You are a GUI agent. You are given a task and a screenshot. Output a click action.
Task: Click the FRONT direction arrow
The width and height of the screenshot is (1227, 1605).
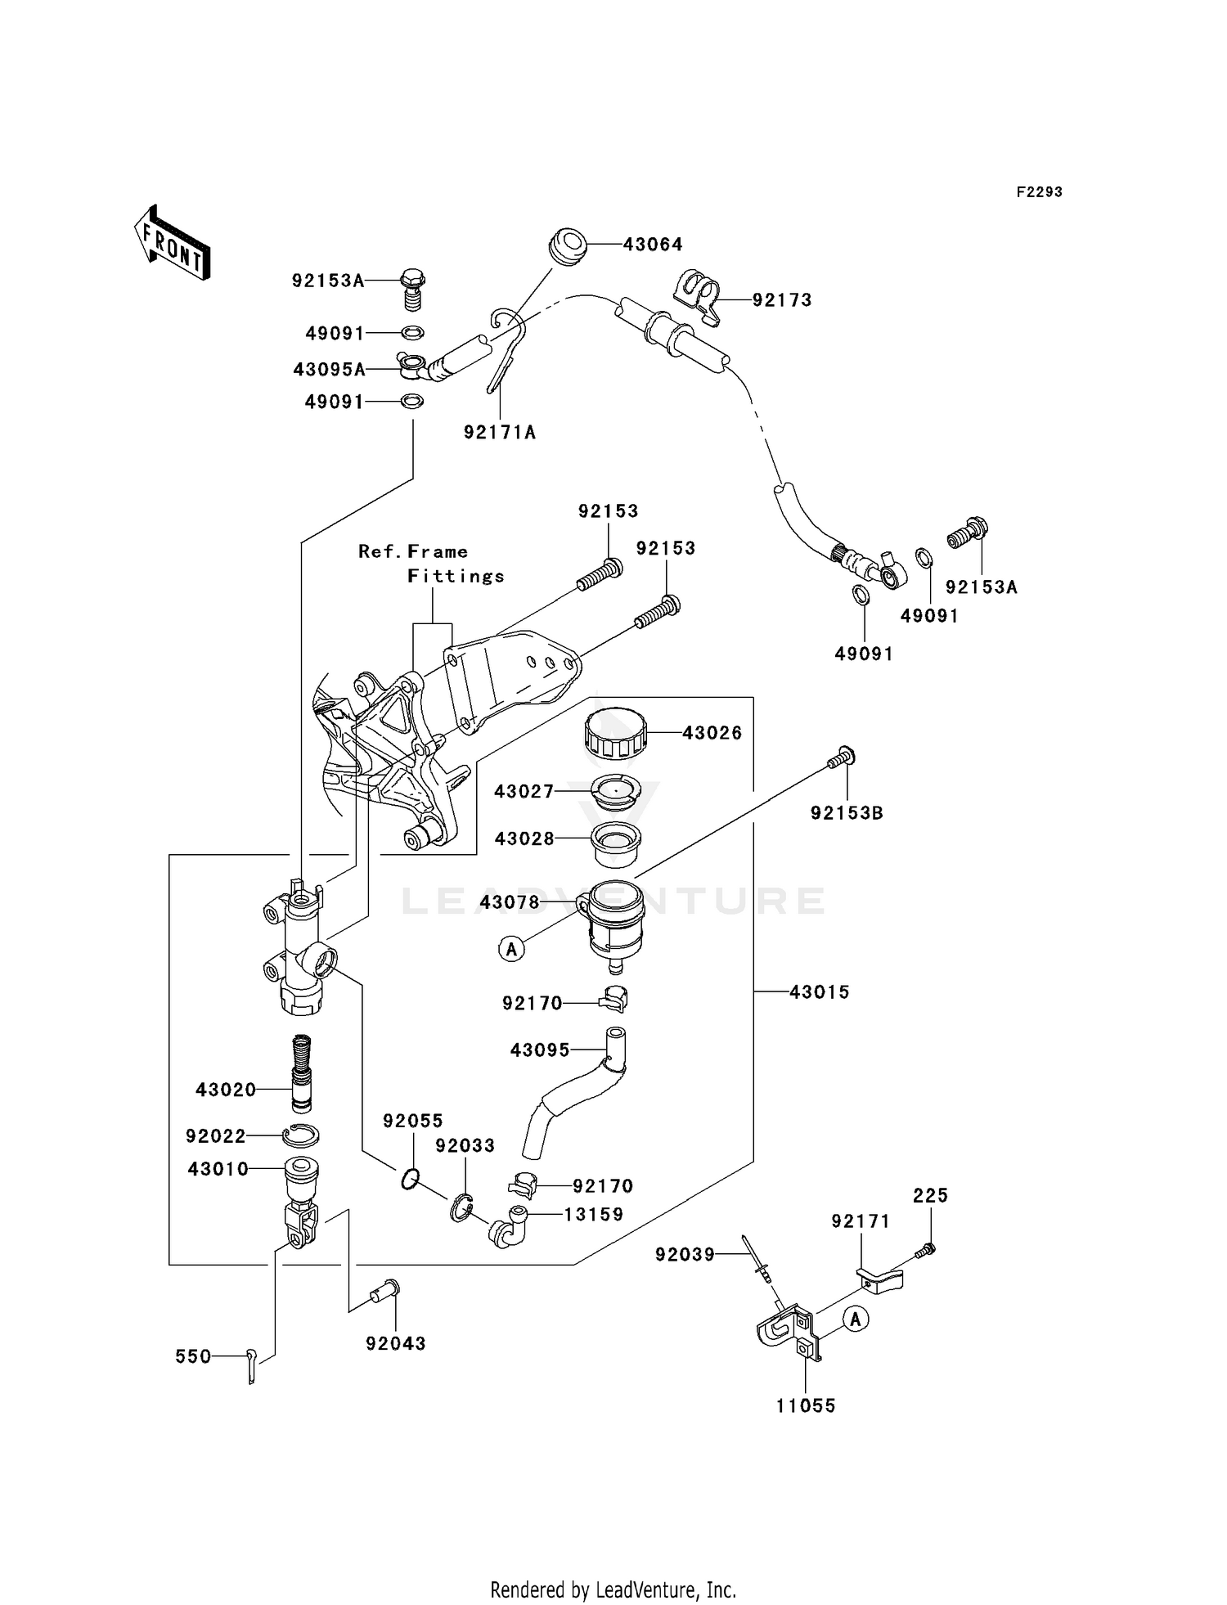[173, 244]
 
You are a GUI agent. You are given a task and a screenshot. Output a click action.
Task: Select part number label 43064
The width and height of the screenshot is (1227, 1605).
[652, 245]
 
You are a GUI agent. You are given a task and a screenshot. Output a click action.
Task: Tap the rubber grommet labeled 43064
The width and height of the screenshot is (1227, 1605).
[567, 245]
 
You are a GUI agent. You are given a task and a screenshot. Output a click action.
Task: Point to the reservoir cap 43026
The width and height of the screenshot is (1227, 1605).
[615, 733]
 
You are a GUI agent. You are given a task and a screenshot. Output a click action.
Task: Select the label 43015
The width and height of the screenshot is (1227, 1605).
[819, 992]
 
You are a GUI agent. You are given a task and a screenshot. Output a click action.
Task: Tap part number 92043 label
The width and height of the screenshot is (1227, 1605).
[396, 1343]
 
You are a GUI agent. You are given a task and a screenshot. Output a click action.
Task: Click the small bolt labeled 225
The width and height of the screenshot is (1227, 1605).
[926, 1249]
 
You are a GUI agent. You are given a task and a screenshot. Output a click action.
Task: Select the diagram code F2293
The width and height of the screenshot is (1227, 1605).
[1039, 192]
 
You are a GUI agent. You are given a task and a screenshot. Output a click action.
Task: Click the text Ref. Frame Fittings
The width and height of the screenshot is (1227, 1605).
[431, 564]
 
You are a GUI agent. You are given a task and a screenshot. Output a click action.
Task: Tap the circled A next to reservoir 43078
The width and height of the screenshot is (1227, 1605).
[512, 949]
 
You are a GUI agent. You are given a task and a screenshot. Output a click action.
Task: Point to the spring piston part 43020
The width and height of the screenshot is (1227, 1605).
[303, 1072]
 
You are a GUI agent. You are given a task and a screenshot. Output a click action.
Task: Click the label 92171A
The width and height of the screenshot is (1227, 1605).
[499, 433]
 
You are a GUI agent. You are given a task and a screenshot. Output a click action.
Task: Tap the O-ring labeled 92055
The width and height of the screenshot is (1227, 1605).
[411, 1179]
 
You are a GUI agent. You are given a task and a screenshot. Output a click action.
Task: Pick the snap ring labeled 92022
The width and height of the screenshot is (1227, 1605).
[301, 1135]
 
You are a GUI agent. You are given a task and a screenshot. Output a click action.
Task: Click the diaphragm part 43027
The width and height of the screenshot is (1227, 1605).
[614, 791]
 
